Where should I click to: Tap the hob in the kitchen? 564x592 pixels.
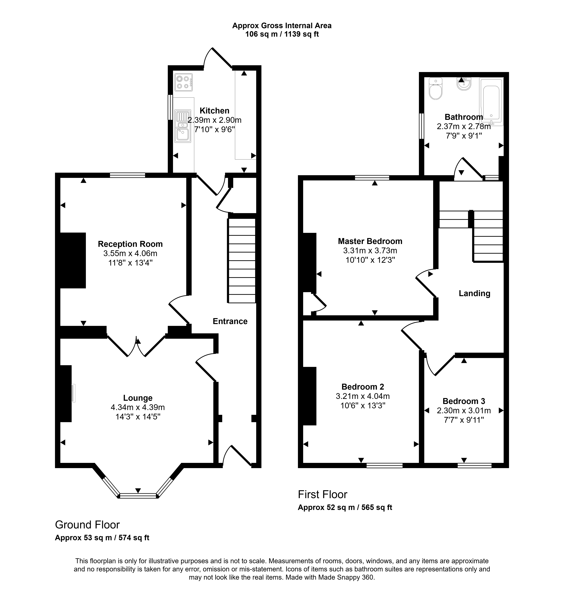pos(183,82)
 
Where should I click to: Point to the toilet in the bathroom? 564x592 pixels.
pos(436,88)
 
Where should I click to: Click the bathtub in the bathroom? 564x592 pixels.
pos(491,102)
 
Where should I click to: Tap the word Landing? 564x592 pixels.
pos(474,293)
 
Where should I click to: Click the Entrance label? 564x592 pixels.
pos(230,321)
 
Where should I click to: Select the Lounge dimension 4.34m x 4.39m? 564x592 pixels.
pos(138,407)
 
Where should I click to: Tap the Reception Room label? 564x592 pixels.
pos(130,244)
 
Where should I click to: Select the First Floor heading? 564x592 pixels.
pos(323,494)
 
